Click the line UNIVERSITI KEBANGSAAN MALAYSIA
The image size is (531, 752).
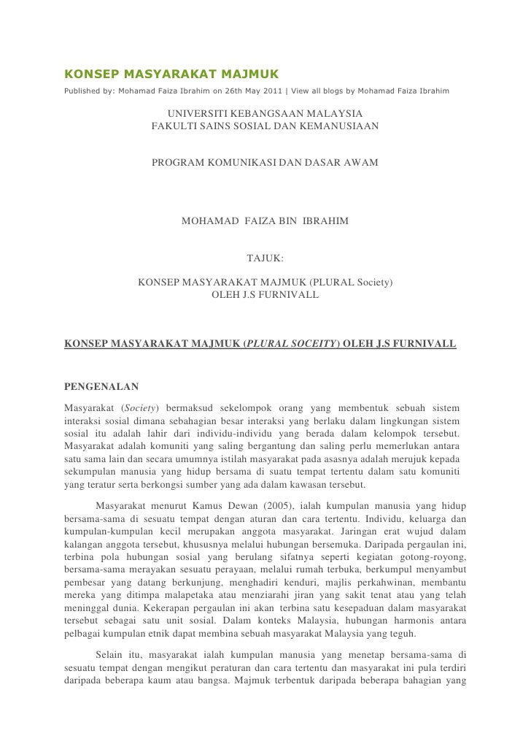point(265,114)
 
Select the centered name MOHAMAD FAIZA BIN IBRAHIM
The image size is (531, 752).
point(265,220)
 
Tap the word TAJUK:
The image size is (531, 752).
point(265,258)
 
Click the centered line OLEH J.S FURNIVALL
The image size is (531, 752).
point(265,295)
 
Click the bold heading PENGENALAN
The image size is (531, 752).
point(101,386)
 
